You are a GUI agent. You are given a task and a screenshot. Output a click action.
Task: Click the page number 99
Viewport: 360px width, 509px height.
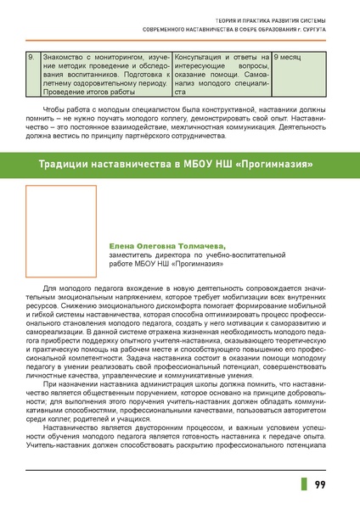pos(322,484)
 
